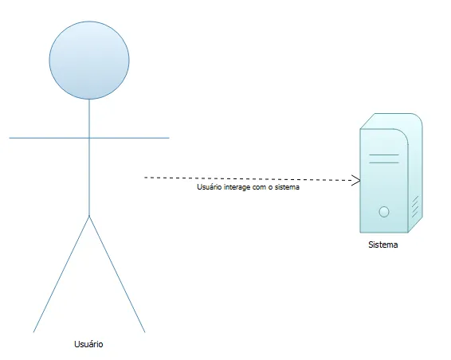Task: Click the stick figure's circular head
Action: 89,60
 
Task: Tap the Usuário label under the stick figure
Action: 88,344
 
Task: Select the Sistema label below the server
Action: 383,245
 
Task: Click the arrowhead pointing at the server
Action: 357,181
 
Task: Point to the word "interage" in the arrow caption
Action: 238,187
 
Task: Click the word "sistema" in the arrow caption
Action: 287,187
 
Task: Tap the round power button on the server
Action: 384,212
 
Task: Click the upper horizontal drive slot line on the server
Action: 384,155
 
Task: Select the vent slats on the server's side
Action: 415,206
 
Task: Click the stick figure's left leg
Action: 61,274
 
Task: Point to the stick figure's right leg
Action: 117,274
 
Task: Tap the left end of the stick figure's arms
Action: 10,138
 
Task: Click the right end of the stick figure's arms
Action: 169,138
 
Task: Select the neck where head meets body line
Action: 89,100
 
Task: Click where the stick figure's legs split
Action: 89,216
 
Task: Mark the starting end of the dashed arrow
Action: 144,178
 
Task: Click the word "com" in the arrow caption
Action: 260,187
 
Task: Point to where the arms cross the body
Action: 89,138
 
